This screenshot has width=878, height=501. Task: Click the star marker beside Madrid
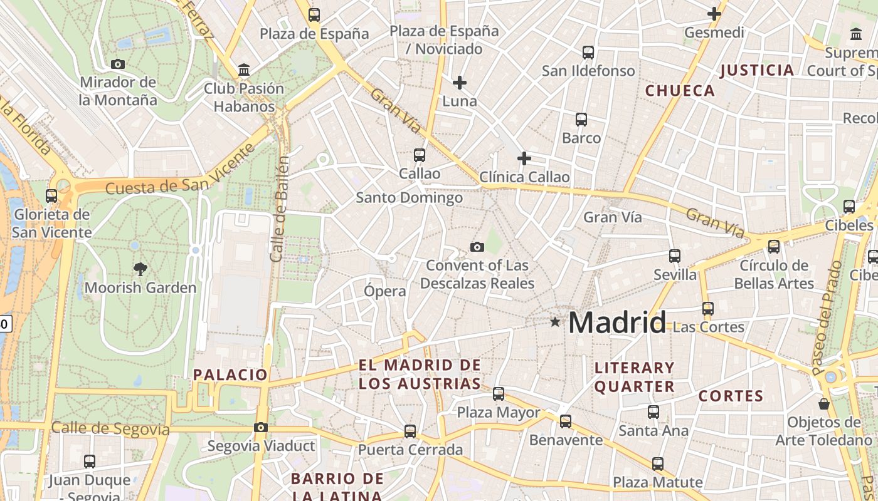click(555, 322)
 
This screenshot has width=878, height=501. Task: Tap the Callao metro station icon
click(420, 155)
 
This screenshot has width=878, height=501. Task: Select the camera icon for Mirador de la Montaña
click(117, 64)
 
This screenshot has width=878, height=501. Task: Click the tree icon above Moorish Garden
click(140, 269)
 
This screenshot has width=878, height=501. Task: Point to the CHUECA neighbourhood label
click(680, 91)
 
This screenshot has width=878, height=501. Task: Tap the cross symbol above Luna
click(460, 83)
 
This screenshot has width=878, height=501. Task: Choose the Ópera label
click(385, 291)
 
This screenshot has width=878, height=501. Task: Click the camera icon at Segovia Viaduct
click(261, 428)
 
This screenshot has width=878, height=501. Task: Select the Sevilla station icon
click(675, 256)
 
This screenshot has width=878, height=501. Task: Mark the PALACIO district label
click(230, 375)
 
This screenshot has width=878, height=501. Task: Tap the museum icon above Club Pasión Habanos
click(244, 70)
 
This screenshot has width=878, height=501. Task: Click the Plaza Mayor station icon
click(499, 394)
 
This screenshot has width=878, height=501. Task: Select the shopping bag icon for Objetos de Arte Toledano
click(824, 404)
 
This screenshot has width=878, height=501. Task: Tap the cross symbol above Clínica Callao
click(524, 159)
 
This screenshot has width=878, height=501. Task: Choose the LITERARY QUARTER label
click(634, 377)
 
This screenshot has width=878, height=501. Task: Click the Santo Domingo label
click(410, 198)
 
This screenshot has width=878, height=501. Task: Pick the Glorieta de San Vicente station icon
click(51, 196)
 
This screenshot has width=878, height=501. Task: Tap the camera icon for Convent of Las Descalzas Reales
click(477, 247)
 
